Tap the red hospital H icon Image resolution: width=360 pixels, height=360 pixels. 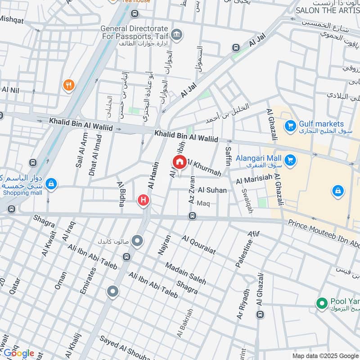click(143, 200)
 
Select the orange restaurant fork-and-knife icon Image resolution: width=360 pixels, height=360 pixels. click(68, 85)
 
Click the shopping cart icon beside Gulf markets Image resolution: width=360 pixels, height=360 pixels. click(290, 124)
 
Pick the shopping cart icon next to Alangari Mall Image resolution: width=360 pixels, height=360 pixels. click(290, 159)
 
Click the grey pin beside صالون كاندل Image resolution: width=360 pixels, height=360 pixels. click(138, 242)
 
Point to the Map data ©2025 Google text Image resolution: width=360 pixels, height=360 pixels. click(325, 355)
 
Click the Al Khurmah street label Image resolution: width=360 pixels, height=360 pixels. click(204, 167)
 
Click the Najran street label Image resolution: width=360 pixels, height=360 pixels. click(164, 245)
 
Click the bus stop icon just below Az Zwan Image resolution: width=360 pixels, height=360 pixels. click(192, 216)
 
